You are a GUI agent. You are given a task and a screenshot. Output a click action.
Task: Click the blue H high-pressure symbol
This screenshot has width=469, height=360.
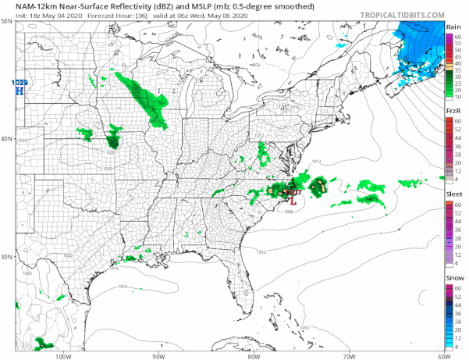(20, 91)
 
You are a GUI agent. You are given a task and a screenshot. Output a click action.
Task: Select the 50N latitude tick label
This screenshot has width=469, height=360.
(6, 21)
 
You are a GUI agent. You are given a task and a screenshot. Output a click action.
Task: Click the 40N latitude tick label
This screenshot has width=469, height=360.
(6, 139)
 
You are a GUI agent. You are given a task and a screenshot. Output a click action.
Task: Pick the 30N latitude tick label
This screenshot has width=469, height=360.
(6, 257)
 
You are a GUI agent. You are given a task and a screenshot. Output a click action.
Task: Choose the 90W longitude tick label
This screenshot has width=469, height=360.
(158, 355)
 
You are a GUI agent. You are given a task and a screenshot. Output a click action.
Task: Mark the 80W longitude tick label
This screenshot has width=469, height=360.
(252, 355)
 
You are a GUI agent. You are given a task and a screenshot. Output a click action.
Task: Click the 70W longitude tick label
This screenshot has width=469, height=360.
(347, 355)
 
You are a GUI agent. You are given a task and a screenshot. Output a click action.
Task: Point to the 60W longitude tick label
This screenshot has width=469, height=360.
(441, 355)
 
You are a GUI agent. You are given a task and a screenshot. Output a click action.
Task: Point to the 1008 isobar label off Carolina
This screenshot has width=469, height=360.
(289, 212)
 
